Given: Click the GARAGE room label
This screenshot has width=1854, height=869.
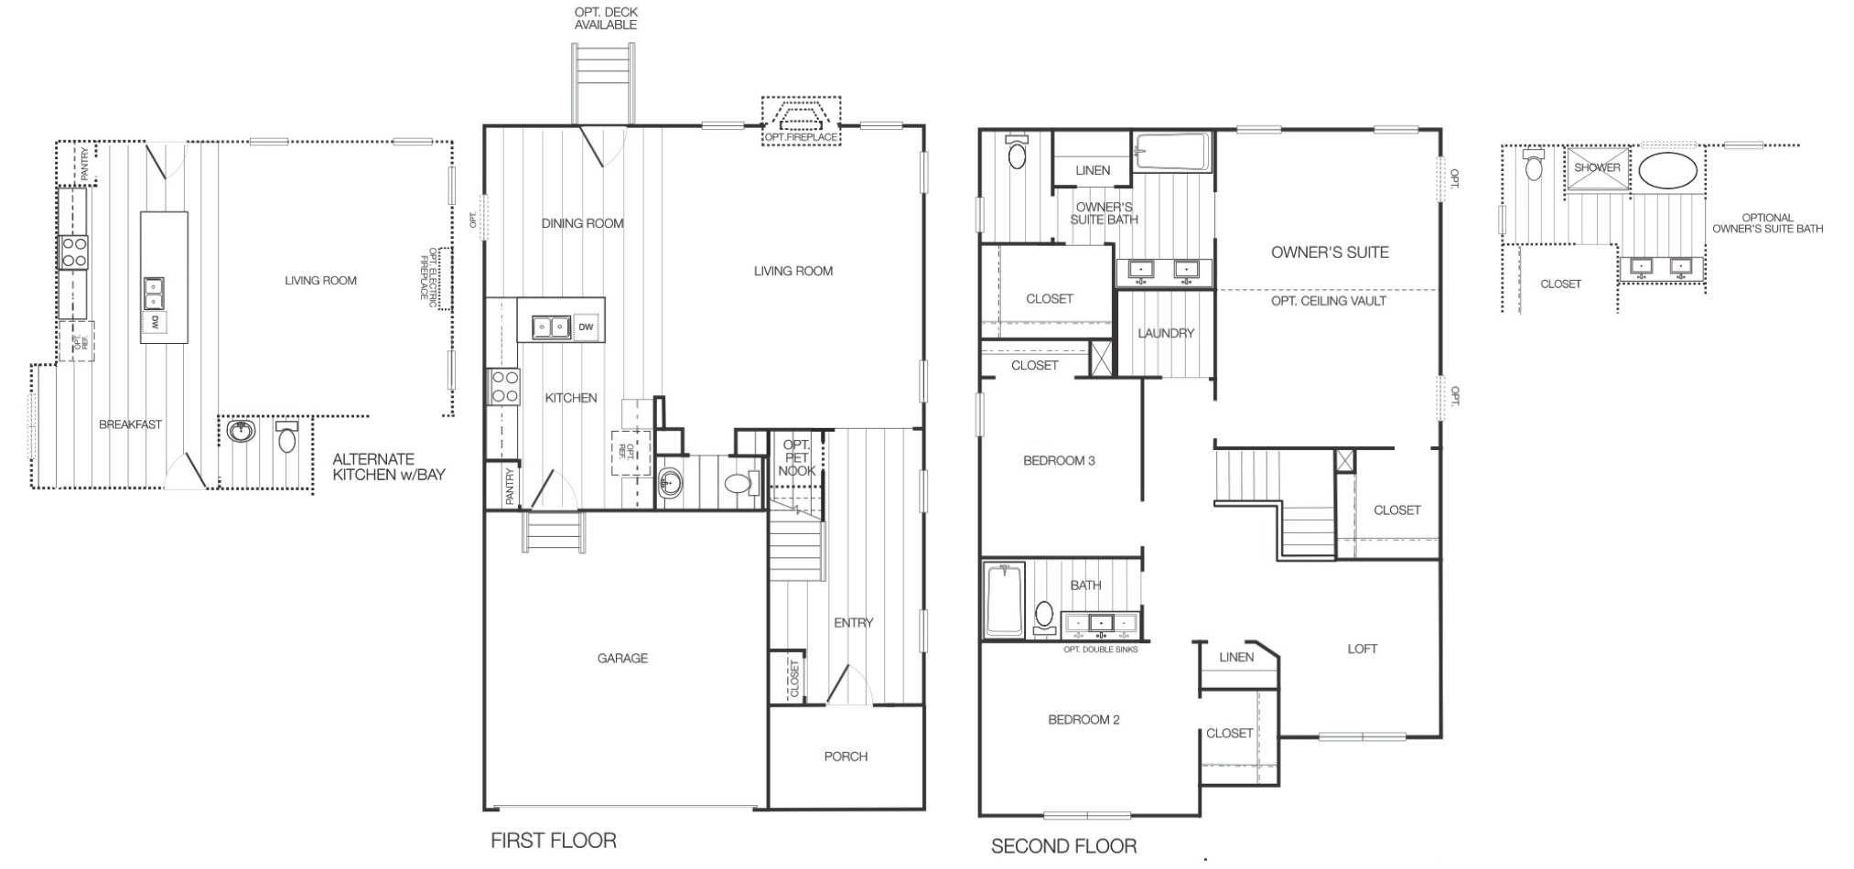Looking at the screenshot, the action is pyautogui.click(x=622, y=658).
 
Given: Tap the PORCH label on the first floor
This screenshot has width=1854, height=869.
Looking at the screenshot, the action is pyautogui.click(x=846, y=756).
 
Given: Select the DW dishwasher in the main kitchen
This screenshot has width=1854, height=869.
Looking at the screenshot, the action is pyautogui.click(x=587, y=327).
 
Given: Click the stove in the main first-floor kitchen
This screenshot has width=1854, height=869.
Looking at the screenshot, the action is pyautogui.click(x=505, y=386).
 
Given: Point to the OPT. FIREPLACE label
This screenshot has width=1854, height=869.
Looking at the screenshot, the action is pyautogui.click(x=801, y=137).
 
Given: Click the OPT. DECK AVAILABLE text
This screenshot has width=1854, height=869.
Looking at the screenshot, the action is pyautogui.click(x=606, y=18).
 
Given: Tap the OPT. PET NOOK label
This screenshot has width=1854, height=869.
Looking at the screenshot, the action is pyautogui.click(x=797, y=458).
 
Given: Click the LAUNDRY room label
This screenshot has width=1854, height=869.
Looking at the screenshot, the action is pyautogui.click(x=1166, y=333).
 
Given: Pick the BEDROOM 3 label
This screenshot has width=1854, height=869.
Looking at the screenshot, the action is pyautogui.click(x=1059, y=460).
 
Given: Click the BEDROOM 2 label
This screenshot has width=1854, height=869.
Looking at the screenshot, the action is pyautogui.click(x=1083, y=720).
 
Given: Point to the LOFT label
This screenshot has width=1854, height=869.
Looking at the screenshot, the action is pyautogui.click(x=1362, y=649).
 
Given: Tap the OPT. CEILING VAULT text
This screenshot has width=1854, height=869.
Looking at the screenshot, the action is pyautogui.click(x=1329, y=301).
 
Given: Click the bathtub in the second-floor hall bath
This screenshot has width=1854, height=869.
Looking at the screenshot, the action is pyautogui.click(x=1004, y=600).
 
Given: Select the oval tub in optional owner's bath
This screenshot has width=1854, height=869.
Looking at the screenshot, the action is pyautogui.click(x=1667, y=170).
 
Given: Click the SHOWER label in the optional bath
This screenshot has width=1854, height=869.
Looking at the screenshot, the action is pyautogui.click(x=1597, y=167).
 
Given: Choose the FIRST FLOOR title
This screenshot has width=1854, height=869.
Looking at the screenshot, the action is pyautogui.click(x=554, y=841).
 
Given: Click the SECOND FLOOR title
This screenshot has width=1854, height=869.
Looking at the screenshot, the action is pyautogui.click(x=1064, y=846).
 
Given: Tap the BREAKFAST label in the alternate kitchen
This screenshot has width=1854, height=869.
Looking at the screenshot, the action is pyautogui.click(x=131, y=424).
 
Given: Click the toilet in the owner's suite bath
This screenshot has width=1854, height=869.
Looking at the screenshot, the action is pyautogui.click(x=1017, y=152).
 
